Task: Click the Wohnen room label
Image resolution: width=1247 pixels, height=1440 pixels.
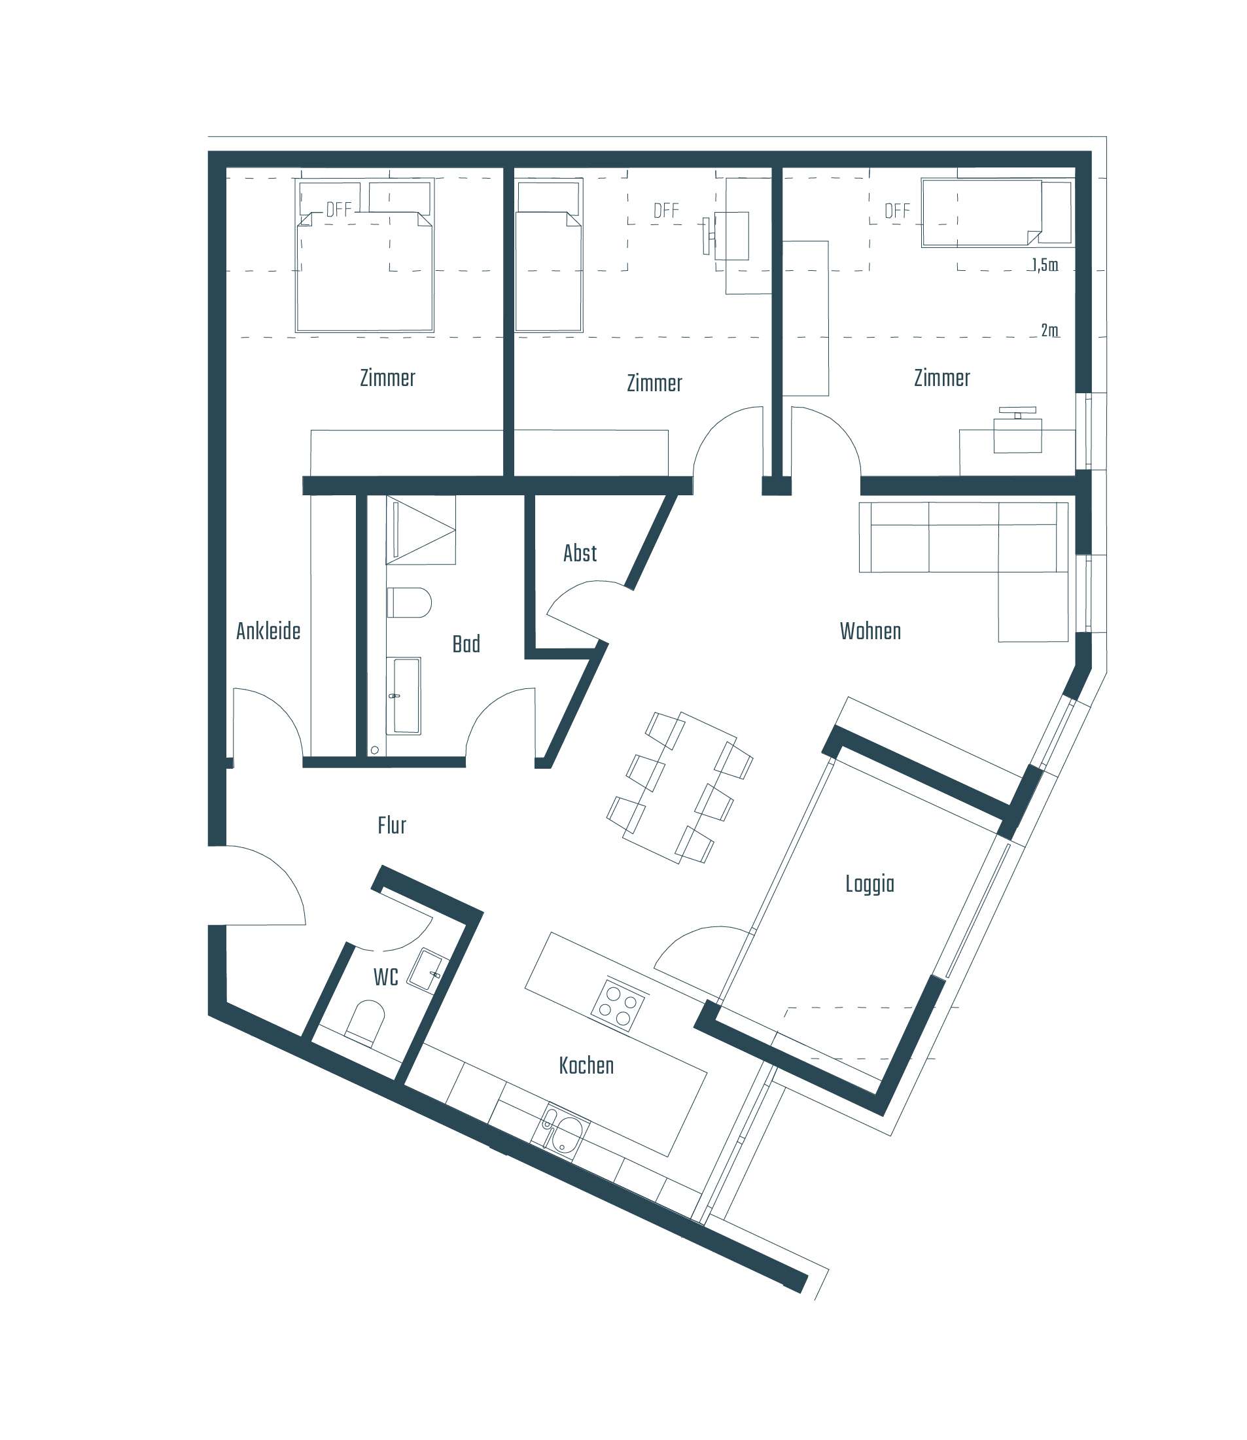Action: (870, 631)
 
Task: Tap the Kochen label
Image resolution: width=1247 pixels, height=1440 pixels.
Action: (586, 1066)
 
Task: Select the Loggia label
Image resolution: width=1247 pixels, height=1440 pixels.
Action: (869, 884)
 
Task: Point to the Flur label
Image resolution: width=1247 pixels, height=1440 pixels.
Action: (392, 826)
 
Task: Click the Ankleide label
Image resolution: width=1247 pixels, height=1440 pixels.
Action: (268, 631)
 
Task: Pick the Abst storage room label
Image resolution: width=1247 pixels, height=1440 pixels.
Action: (580, 553)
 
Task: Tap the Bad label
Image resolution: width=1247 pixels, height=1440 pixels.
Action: (466, 644)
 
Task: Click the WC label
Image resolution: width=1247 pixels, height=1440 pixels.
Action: (385, 977)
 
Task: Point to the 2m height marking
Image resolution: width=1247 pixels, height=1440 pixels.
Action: (1049, 330)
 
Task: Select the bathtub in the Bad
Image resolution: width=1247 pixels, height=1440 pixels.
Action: (407, 696)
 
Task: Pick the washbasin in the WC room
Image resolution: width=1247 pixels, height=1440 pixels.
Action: (427, 970)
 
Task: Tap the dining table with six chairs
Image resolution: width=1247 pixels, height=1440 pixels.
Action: (680, 788)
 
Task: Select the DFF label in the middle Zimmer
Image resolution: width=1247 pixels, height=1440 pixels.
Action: (666, 210)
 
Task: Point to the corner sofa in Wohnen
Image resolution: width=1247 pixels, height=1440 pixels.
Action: (974, 550)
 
